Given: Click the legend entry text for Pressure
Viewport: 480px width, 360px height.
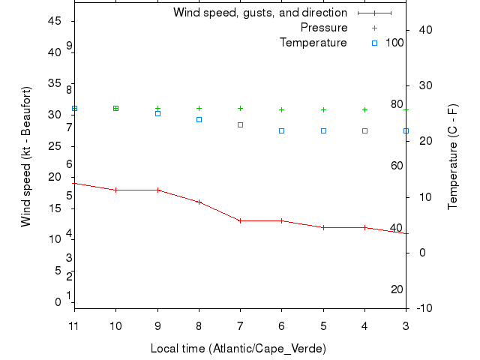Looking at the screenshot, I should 324,28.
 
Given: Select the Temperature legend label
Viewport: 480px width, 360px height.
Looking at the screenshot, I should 313,43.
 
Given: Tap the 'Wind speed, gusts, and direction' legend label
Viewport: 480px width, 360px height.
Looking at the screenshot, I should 260,13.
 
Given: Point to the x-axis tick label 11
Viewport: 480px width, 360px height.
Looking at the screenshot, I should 73,325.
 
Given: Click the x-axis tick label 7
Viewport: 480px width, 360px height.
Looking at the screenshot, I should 240,325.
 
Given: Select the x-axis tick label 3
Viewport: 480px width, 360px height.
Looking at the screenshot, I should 406,325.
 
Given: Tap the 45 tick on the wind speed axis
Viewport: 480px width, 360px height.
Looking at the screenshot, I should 54,21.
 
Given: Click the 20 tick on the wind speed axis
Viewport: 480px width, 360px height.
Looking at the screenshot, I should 54,177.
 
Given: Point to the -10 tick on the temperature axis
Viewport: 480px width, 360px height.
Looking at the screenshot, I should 422,307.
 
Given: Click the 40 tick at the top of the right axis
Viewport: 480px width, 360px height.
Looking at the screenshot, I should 425,29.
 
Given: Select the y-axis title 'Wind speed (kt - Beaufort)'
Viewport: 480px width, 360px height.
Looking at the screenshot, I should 25,156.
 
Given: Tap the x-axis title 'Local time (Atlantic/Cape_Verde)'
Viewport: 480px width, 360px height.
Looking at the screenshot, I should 238,349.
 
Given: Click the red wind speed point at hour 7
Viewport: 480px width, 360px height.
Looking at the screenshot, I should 240,220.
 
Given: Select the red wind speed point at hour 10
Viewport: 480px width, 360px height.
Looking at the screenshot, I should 115,190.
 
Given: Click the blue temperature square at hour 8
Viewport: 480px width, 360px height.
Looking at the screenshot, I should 199,119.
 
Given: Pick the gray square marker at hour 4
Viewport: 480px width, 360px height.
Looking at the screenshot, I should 364,130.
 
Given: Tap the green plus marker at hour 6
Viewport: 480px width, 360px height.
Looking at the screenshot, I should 281,109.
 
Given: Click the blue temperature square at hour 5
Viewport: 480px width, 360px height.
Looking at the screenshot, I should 323,130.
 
